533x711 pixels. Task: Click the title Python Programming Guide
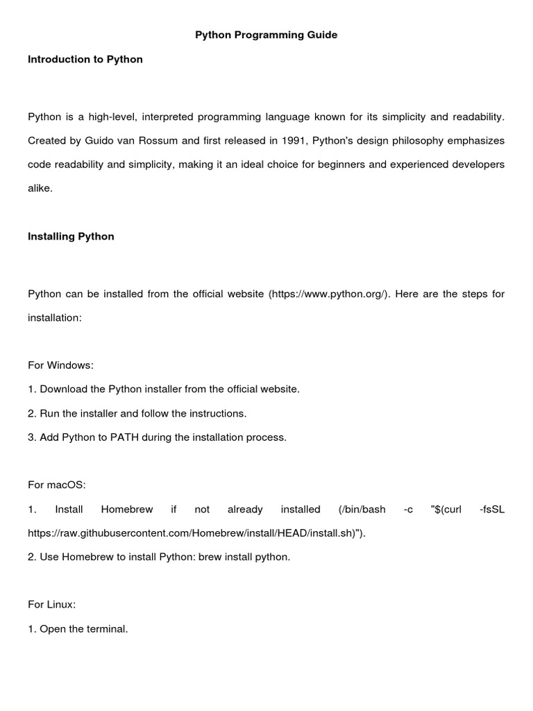pos(266,35)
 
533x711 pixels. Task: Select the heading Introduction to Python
pos(85,60)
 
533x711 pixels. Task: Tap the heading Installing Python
pos(71,237)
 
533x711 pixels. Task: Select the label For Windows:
pos(60,365)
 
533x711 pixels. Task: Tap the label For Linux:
pos(51,605)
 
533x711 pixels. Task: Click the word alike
pos(40,188)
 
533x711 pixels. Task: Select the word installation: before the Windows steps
pos(55,318)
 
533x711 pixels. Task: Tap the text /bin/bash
pos(362,510)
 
